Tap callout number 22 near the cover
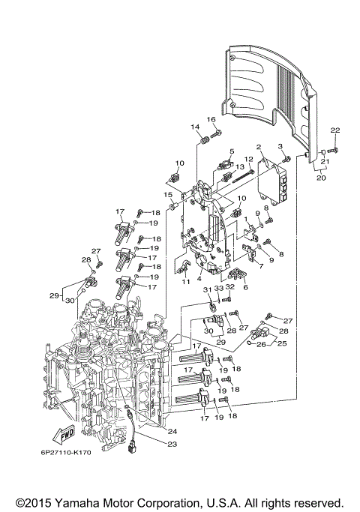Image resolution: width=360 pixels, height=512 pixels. click(x=335, y=130)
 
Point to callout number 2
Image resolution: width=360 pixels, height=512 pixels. click(x=258, y=148)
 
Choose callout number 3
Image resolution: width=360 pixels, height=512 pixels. click(x=281, y=147)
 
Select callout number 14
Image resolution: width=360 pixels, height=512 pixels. click(x=194, y=127)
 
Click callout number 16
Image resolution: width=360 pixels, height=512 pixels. click(x=211, y=120)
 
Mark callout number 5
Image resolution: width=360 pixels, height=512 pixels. click(x=232, y=151)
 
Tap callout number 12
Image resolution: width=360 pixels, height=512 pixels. click(x=249, y=159)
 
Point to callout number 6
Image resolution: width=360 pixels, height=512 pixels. click(x=245, y=286)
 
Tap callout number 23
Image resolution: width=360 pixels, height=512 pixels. click(x=172, y=444)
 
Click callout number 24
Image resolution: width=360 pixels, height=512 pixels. click(x=172, y=431)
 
